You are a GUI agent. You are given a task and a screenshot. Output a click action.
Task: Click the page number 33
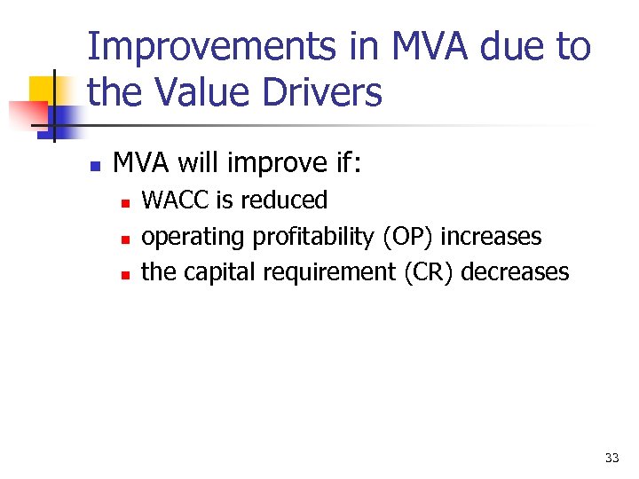tap(611, 458)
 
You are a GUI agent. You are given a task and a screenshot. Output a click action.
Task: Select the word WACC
tap(176, 200)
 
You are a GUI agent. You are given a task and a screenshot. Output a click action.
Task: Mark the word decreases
tap(515, 272)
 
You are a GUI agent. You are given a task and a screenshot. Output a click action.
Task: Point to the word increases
tap(491, 237)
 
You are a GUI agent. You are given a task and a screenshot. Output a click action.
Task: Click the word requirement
tap(335, 272)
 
